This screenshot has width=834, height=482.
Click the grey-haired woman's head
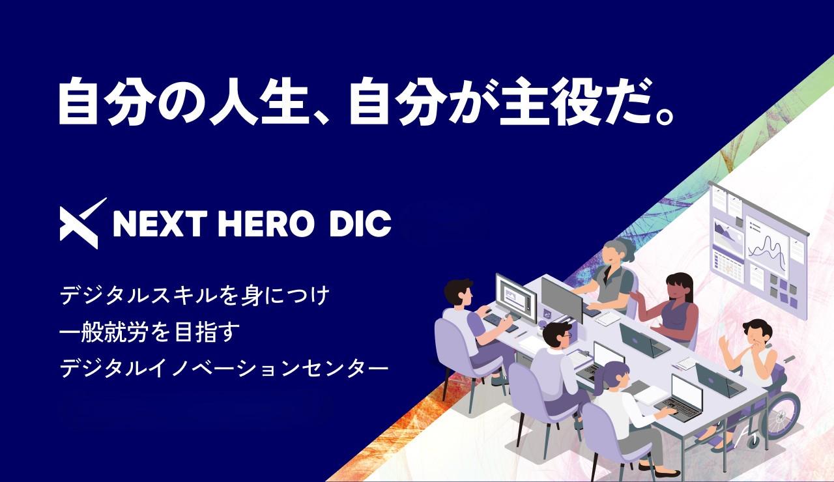pos(616,251)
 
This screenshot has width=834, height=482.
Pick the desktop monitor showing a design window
pos(515,297)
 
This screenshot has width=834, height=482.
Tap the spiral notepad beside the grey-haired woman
pos(609,318)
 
